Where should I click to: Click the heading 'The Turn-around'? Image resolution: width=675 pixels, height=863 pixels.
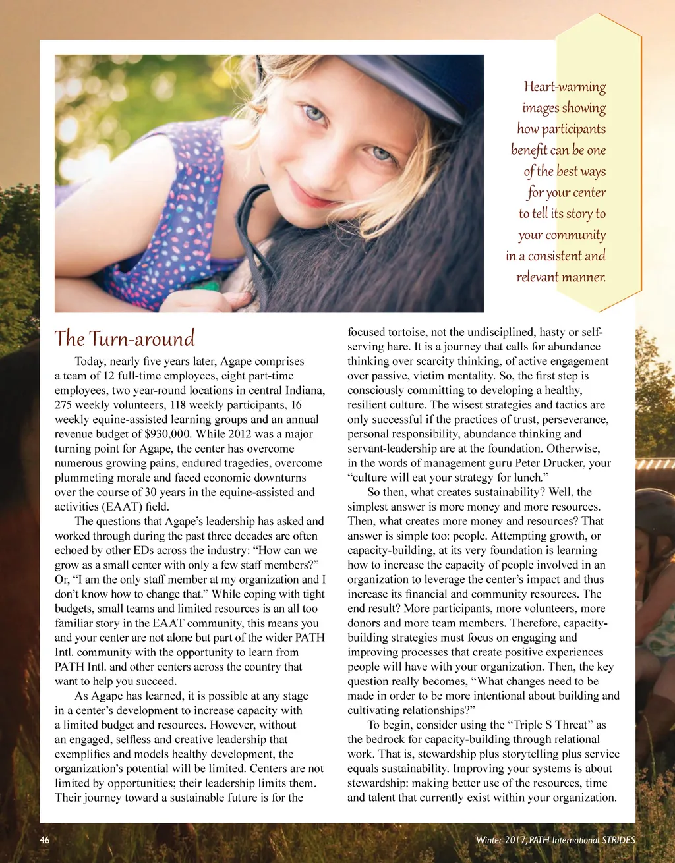tap(125, 339)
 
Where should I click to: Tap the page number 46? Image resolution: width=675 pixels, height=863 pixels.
tap(45, 840)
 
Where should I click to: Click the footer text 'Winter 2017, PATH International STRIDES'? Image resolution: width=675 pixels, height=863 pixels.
tap(555, 840)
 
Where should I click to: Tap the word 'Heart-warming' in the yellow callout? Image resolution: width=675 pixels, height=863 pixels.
tap(564, 86)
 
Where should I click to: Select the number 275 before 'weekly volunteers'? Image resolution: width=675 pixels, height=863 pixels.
tap(64, 405)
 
